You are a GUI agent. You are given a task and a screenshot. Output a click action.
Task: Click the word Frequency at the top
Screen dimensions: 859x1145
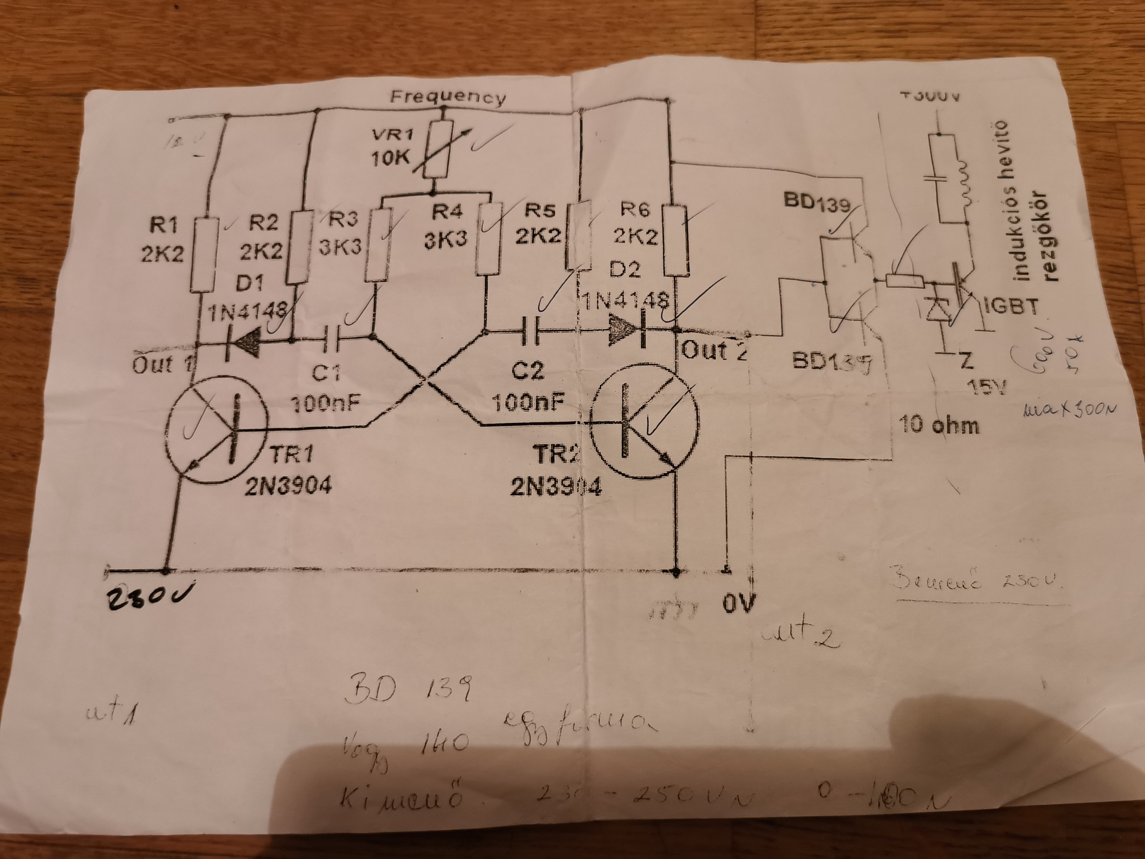[447, 97]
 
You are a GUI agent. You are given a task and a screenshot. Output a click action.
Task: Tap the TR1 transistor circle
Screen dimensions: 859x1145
[216, 429]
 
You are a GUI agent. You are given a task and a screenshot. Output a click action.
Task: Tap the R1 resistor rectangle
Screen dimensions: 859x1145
[203, 255]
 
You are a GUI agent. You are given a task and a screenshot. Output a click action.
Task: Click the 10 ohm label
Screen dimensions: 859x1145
[939, 425]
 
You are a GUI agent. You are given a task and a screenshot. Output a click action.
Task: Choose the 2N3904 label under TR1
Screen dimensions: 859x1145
[288, 486]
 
